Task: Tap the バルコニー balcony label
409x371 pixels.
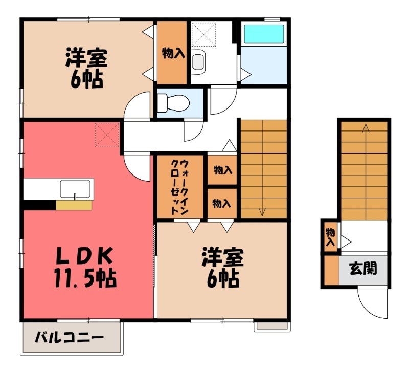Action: tap(70, 337)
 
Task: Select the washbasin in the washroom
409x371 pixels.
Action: tap(198, 62)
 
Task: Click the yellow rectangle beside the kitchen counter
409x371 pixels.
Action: tap(74, 205)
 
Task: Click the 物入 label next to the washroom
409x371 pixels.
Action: tap(172, 53)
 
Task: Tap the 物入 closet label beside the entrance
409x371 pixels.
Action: tap(330, 236)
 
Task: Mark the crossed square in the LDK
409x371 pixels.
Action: tap(106, 135)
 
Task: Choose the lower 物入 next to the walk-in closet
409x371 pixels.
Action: tap(222, 203)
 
